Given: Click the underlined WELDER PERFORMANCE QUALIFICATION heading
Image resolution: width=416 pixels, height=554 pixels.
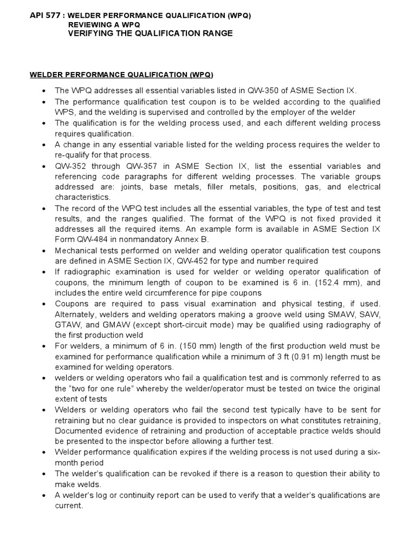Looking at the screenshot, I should [x=121, y=74].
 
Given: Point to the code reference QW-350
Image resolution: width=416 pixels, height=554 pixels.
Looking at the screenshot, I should [x=262, y=91].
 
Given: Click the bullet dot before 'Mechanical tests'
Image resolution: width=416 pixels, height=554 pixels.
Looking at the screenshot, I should [x=44, y=250].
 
